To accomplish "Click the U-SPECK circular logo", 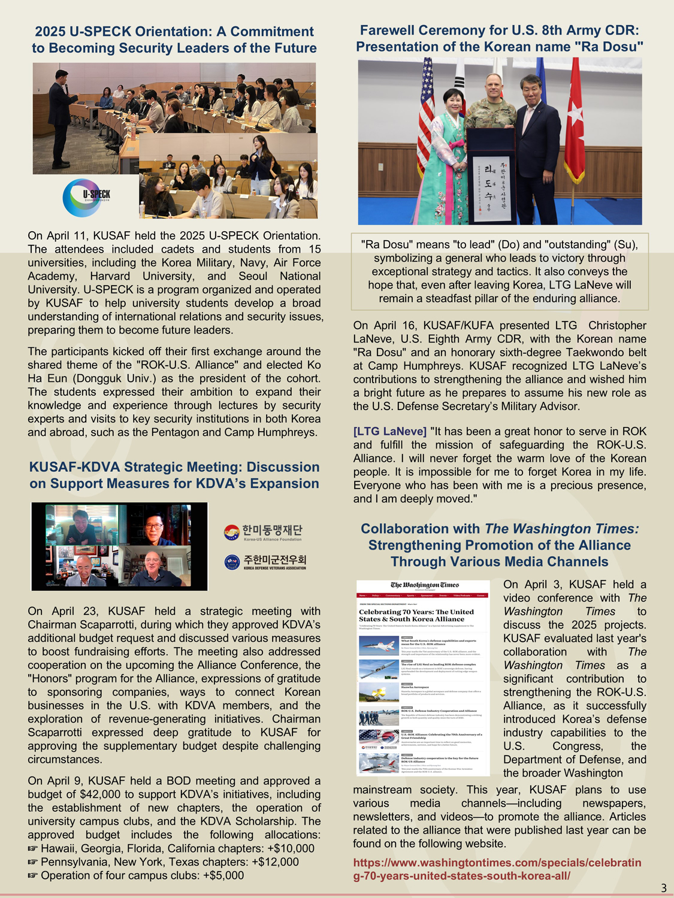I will pyautogui.click(x=86, y=198).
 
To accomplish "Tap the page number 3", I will pyautogui.click(x=663, y=888).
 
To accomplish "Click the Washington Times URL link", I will pyautogui.click(x=497, y=869).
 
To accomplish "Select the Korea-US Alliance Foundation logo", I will pyautogui.click(x=264, y=532).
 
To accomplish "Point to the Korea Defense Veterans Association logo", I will pyautogui.click(x=265, y=562).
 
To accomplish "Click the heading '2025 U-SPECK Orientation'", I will pyautogui.click(x=174, y=40).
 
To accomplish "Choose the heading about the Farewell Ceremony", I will pyautogui.click(x=500, y=38).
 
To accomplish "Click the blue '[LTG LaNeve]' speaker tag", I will pyautogui.click(x=389, y=432).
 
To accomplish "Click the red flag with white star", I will pyautogui.click(x=574, y=120).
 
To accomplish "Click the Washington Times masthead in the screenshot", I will pyautogui.click(x=424, y=585).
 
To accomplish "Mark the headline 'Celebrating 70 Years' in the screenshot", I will pyautogui.click(x=416, y=615).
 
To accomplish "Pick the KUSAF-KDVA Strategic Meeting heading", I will pyautogui.click(x=174, y=475).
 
